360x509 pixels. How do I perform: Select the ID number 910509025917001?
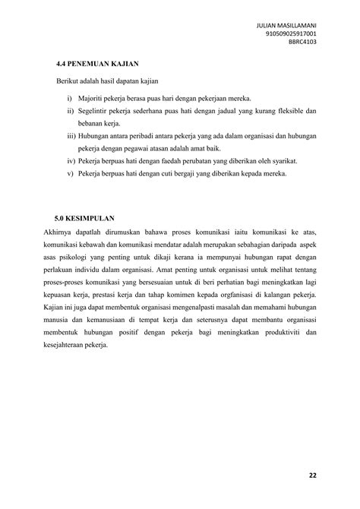tap(292, 34)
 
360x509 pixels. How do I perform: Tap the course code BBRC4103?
tap(302, 43)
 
